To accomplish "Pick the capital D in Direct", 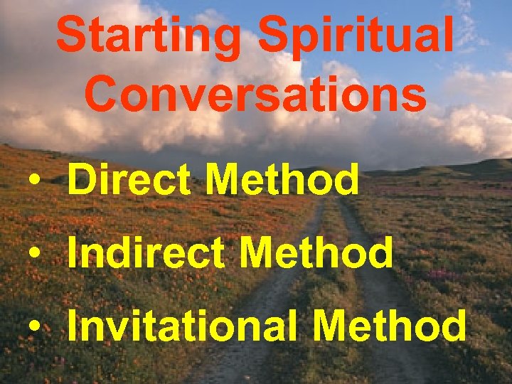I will pos(82,181).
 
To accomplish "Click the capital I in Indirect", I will pos(73,253).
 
